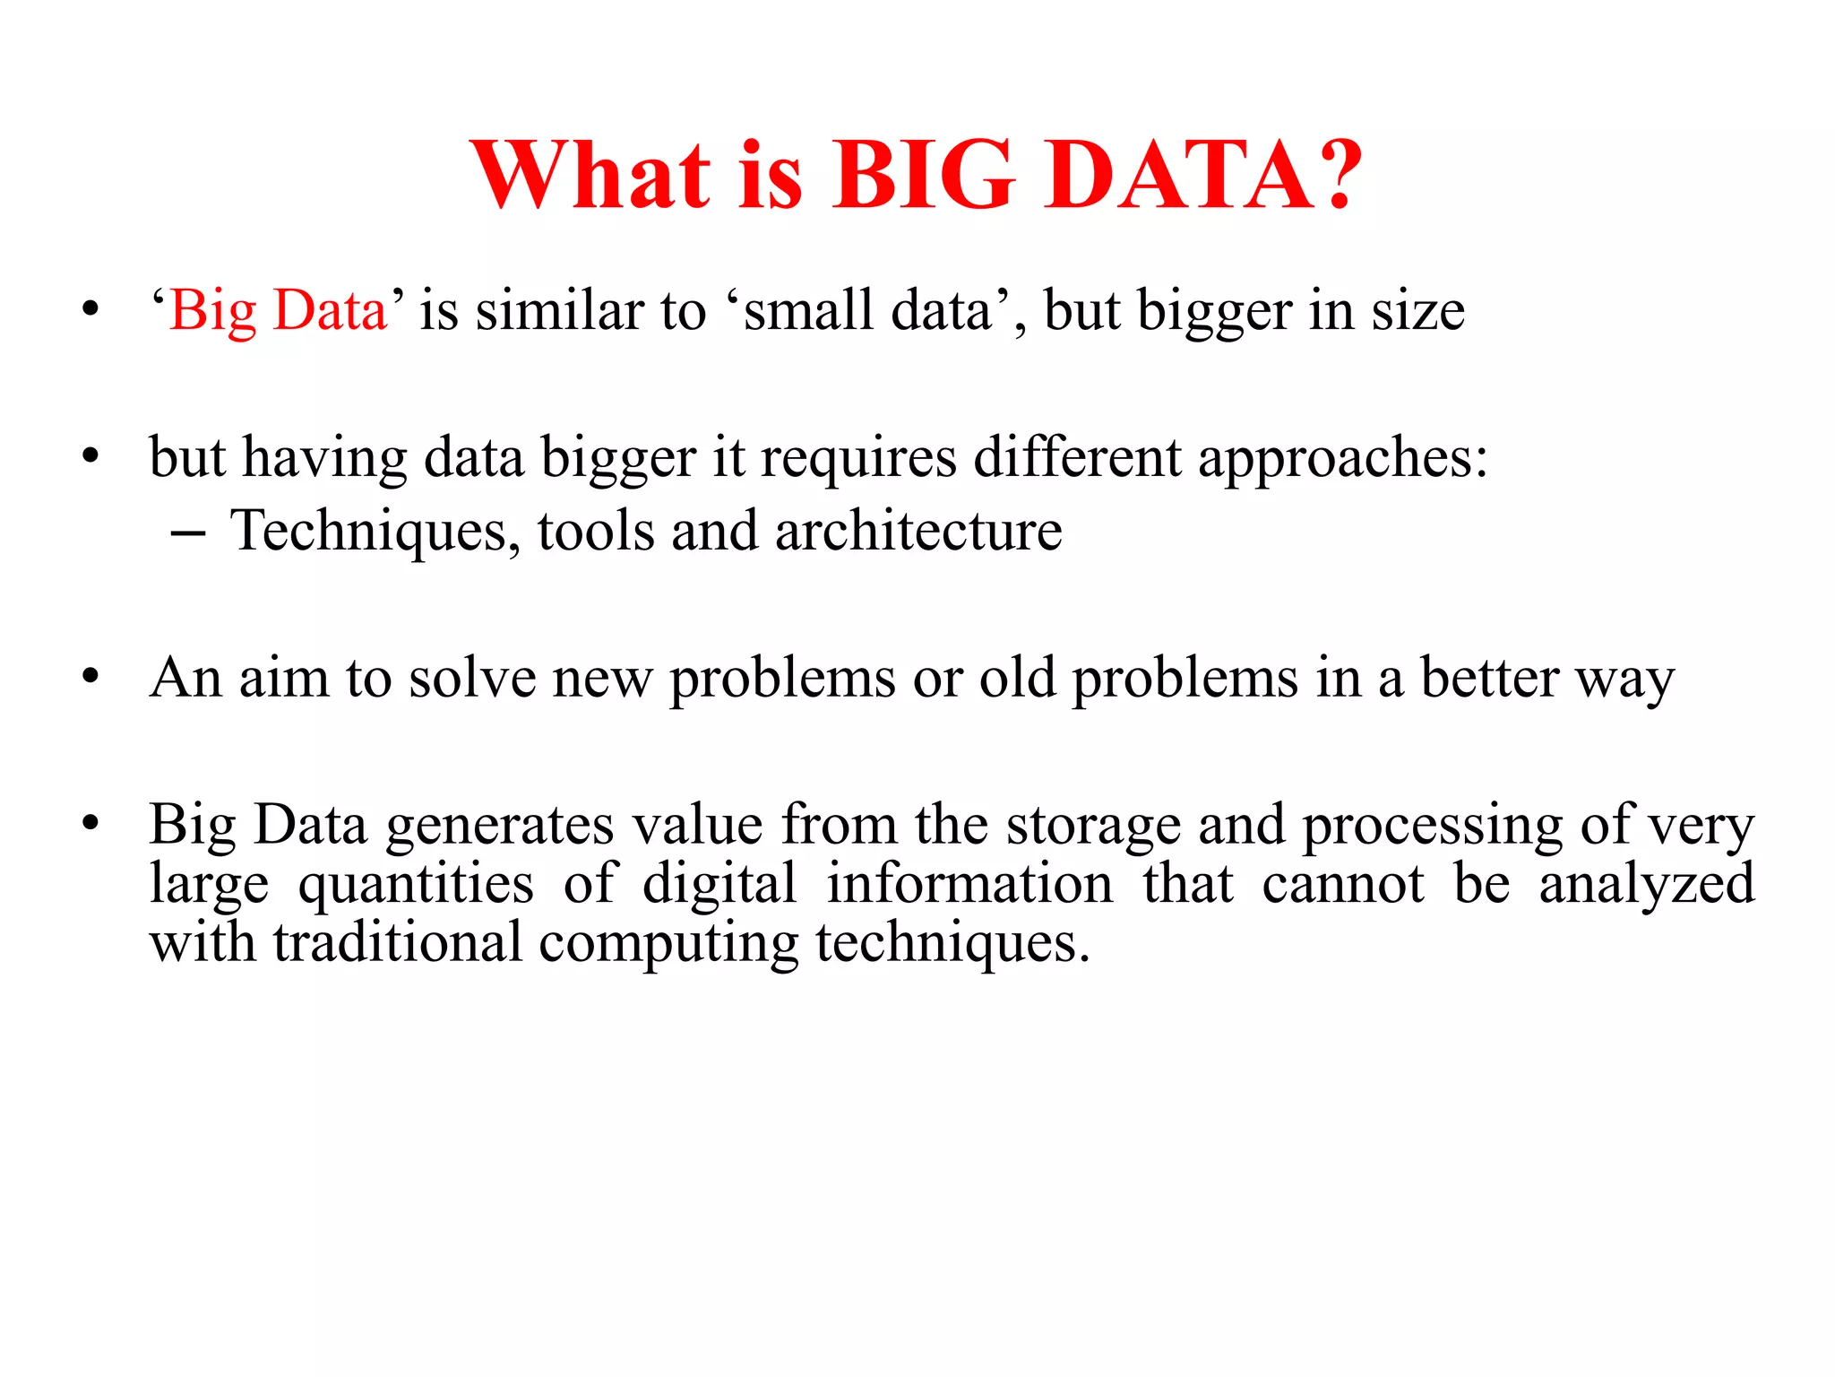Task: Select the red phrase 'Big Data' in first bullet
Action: (x=278, y=311)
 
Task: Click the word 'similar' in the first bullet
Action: (x=559, y=311)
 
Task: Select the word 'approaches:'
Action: (x=1342, y=459)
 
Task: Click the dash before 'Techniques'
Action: (x=187, y=533)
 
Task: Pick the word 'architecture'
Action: (x=918, y=531)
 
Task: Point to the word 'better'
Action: (x=1489, y=678)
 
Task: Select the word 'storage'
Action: (x=1093, y=825)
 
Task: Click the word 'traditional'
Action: (x=398, y=943)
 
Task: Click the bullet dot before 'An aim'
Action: (x=89, y=677)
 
